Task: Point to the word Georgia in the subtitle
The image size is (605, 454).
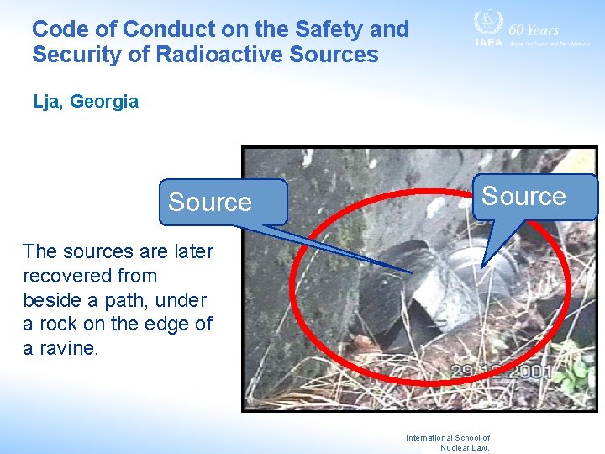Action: [103, 102]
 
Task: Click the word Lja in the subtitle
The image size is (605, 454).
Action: [47, 102]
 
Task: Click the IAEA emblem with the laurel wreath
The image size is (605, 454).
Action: [487, 23]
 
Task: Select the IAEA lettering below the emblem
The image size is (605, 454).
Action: [488, 42]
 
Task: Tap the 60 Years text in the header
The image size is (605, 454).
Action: [534, 30]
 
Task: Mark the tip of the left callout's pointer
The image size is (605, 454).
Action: [411, 272]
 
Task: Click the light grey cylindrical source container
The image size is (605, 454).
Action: [471, 273]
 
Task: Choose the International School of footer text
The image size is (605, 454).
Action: [447, 437]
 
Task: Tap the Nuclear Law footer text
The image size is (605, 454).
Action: [465, 447]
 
